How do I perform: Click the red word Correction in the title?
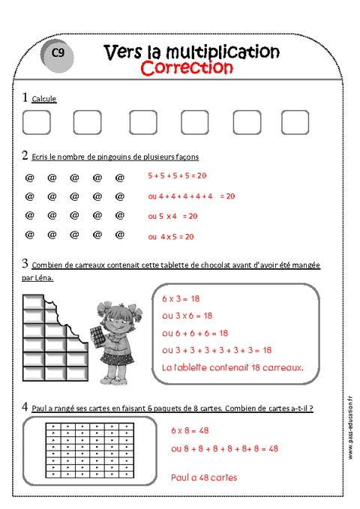187,67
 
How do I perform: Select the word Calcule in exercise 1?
43,99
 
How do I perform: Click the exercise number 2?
25,156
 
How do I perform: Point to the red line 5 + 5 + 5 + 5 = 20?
178,175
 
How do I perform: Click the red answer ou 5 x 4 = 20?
172,216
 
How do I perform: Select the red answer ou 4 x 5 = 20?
171,237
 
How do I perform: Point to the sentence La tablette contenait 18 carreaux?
232,367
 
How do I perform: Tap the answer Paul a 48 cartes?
204,477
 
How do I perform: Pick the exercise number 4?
25,407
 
